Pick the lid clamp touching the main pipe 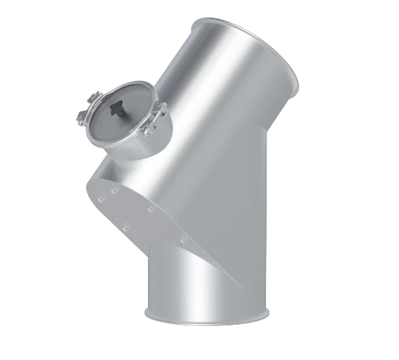tap(161, 108)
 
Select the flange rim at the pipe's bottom tap(207, 317)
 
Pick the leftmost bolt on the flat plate tap(100, 199)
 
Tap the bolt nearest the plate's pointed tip tap(183, 239)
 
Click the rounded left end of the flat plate tap(90, 190)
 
